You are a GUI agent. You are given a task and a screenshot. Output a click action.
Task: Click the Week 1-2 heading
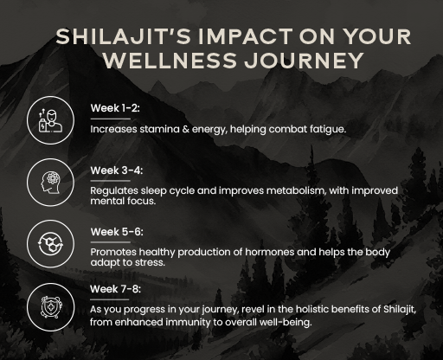(115, 108)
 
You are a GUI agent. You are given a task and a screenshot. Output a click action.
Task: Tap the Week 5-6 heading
(116, 231)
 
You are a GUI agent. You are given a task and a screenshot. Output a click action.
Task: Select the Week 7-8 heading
(116, 288)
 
